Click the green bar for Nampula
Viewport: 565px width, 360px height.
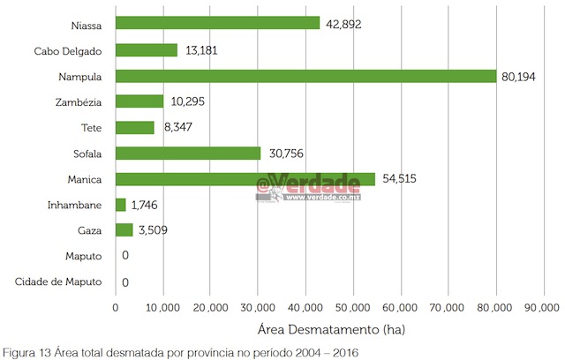[x=305, y=76]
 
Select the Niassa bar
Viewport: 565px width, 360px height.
[x=217, y=24]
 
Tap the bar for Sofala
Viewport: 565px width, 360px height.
[x=188, y=154]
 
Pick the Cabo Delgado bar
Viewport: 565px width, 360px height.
[x=147, y=50]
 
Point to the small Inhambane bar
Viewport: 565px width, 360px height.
[x=121, y=205]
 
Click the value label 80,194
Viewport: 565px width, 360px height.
[x=520, y=77]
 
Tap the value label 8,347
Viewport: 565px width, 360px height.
[x=178, y=128]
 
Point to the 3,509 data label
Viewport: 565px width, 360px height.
[x=152, y=231]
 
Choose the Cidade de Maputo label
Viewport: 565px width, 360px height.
[x=58, y=282]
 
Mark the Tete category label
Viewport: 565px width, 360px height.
[x=91, y=128]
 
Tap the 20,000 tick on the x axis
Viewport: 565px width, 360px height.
[x=210, y=307]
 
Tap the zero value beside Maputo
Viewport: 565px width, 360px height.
[x=126, y=257]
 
